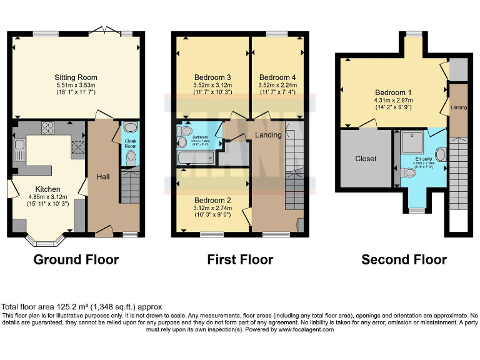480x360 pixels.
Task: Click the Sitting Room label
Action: pos(77,77)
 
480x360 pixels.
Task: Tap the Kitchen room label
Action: pos(47,189)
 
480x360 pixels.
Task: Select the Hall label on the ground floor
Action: pos(103,177)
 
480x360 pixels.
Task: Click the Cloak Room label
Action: pos(131,143)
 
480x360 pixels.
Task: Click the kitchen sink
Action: pos(19,149)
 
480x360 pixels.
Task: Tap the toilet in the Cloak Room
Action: pos(130,162)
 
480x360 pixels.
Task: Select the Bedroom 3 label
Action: pos(212,77)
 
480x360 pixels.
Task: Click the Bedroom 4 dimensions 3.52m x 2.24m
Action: pos(277,86)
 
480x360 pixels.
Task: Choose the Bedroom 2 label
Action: pos(212,201)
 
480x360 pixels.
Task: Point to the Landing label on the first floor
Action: pos(268,135)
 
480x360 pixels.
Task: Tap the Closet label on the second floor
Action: pos(366,159)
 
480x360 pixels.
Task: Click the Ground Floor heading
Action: pos(76,259)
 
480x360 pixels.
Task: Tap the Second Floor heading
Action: pos(404,259)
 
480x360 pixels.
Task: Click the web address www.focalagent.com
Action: pos(306,329)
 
